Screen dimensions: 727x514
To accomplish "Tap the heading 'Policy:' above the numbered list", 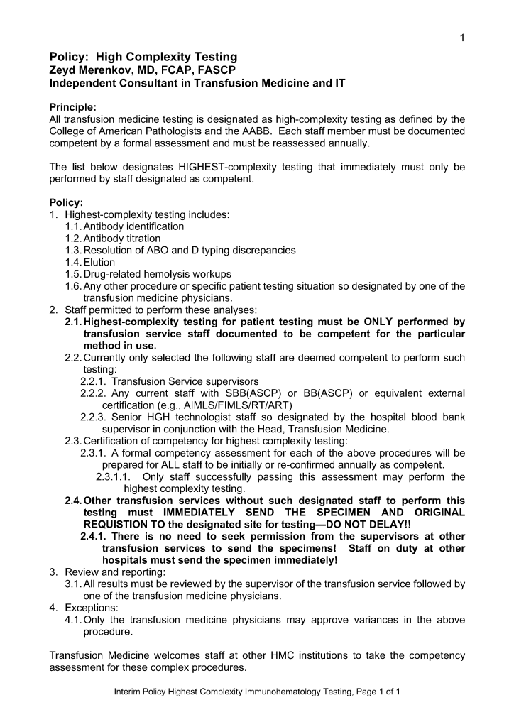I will [66, 202].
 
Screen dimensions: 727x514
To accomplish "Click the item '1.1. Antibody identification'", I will [124, 226].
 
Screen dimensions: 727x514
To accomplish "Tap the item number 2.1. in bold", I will [73, 322].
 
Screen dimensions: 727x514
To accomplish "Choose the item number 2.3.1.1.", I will [115, 477].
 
